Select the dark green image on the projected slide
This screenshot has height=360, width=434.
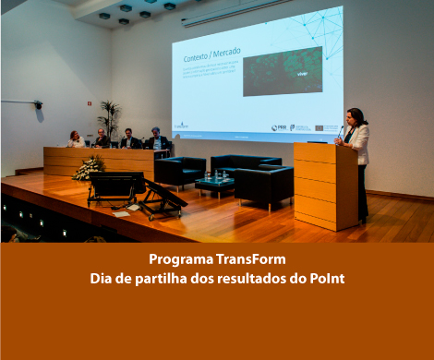282,71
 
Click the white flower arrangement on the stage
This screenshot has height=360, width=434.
89,168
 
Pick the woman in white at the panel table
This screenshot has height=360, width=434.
75,139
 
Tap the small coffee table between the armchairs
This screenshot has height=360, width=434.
214,184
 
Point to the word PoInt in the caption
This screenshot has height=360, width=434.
328,277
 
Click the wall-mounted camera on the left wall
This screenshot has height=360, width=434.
38,105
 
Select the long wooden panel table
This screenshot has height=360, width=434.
102,161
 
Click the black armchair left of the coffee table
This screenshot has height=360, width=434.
180,171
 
